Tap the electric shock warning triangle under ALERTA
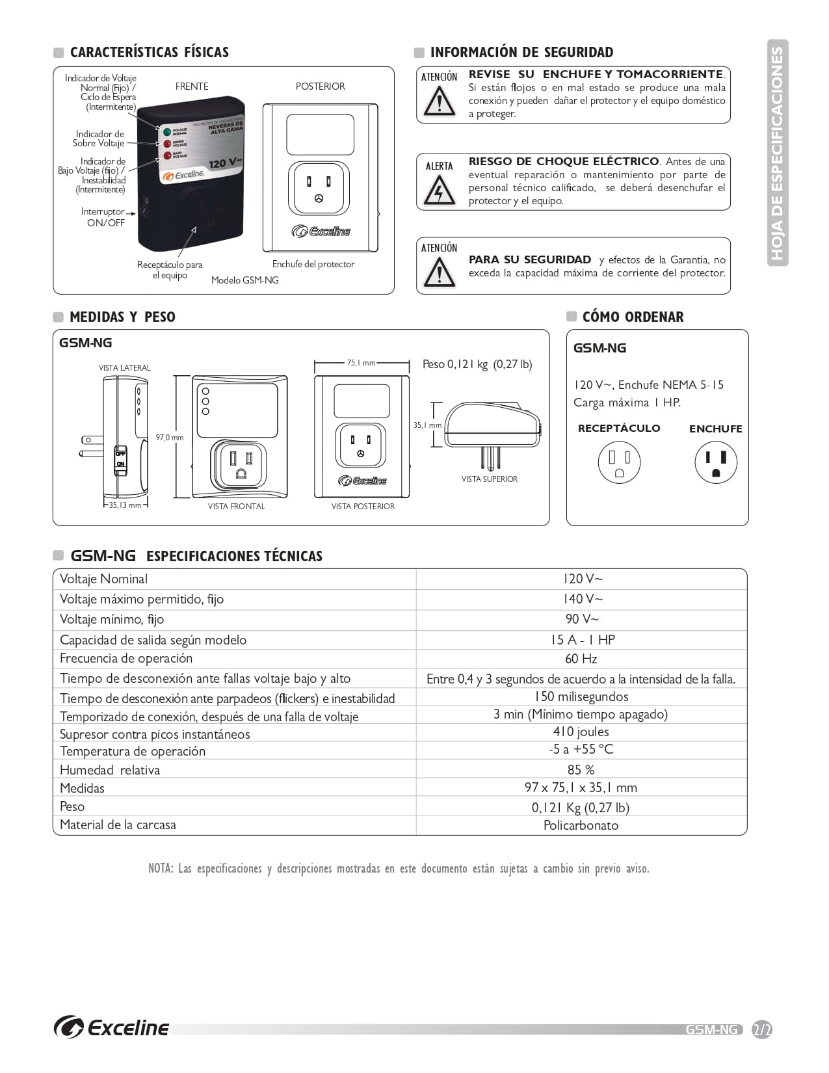point(439,191)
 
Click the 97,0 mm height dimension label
point(170,438)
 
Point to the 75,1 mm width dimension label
point(361,363)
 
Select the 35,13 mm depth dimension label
point(125,505)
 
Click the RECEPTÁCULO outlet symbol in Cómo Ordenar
point(619,462)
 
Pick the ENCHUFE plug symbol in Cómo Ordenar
point(715,462)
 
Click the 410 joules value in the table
point(581,732)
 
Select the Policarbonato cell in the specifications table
point(581,825)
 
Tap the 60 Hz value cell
point(581,659)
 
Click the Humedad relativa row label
point(110,770)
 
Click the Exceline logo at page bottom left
point(112,1027)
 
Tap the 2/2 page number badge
point(761,1029)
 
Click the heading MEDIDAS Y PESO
point(122,317)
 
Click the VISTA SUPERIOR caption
point(489,479)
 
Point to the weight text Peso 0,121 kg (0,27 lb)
point(477,364)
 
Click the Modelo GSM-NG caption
point(244,280)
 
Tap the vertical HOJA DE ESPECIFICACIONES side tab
point(778,153)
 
